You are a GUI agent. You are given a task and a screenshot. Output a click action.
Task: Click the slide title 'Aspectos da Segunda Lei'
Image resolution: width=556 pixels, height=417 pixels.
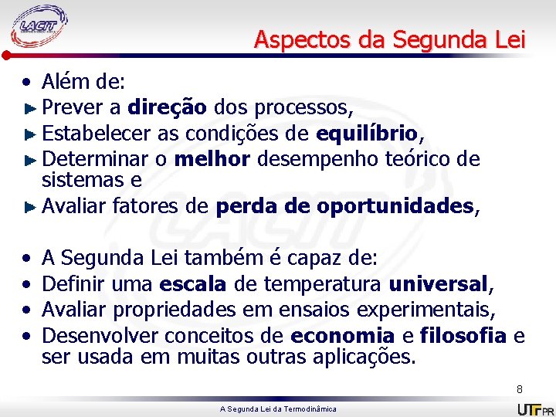[390, 39]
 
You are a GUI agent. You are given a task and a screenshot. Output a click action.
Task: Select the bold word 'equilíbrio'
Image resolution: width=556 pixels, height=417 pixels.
[366, 133]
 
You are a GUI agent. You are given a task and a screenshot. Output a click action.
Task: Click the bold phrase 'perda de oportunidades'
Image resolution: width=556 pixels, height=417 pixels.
[344, 206]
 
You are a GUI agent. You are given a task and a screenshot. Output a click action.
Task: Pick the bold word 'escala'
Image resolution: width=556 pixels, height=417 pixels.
[192, 283]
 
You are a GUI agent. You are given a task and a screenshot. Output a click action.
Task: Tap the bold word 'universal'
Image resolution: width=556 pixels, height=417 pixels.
[439, 283]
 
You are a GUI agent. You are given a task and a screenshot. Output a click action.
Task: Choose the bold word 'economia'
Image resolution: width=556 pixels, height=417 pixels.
[343, 335]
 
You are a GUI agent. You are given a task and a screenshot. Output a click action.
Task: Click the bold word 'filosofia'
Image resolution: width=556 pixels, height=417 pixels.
[463, 335]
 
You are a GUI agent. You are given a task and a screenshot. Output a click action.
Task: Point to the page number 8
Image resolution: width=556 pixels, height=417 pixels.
[520, 389]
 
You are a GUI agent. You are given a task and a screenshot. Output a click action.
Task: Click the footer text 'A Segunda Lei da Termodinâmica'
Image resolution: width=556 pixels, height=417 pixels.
[278, 409]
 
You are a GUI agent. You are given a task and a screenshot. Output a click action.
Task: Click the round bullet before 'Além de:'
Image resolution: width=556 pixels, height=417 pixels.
[27, 80]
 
